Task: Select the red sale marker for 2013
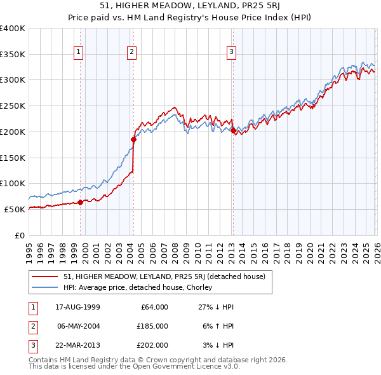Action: tap(233, 131)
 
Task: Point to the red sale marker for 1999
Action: tap(81, 203)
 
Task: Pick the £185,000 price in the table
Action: tap(152, 326)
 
